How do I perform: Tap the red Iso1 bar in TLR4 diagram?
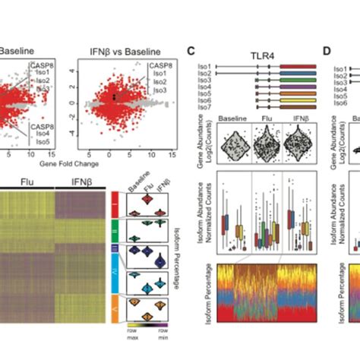(298, 67)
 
